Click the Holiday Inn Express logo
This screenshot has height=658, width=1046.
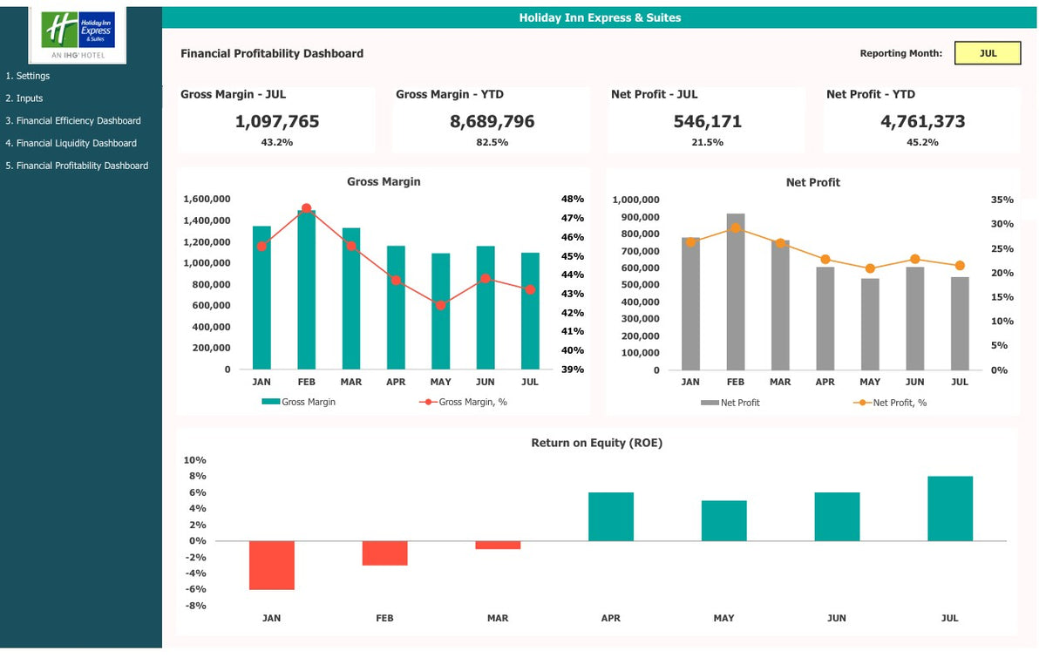coord(78,32)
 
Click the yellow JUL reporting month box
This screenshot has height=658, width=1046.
coord(988,53)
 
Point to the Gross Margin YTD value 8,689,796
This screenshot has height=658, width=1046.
coord(492,122)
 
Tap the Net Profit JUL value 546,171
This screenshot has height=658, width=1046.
coord(707,122)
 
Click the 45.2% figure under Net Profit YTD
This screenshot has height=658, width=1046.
coord(922,142)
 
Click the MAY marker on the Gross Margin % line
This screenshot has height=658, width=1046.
coord(441,305)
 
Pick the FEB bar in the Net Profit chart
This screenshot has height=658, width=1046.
coord(735,292)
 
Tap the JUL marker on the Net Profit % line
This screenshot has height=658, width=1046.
coord(960,265)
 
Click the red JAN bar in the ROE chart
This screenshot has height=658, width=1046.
coord(271,565)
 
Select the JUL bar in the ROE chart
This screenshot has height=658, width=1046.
coord(949,508)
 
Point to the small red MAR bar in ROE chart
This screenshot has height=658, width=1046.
coord(498,545)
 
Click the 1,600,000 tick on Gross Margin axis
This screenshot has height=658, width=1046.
coord(207,199)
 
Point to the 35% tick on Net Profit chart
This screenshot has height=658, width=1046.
coord(1002,200)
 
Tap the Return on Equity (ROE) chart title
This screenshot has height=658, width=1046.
coord(596,443)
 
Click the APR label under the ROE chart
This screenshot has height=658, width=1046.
coord(610,618)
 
